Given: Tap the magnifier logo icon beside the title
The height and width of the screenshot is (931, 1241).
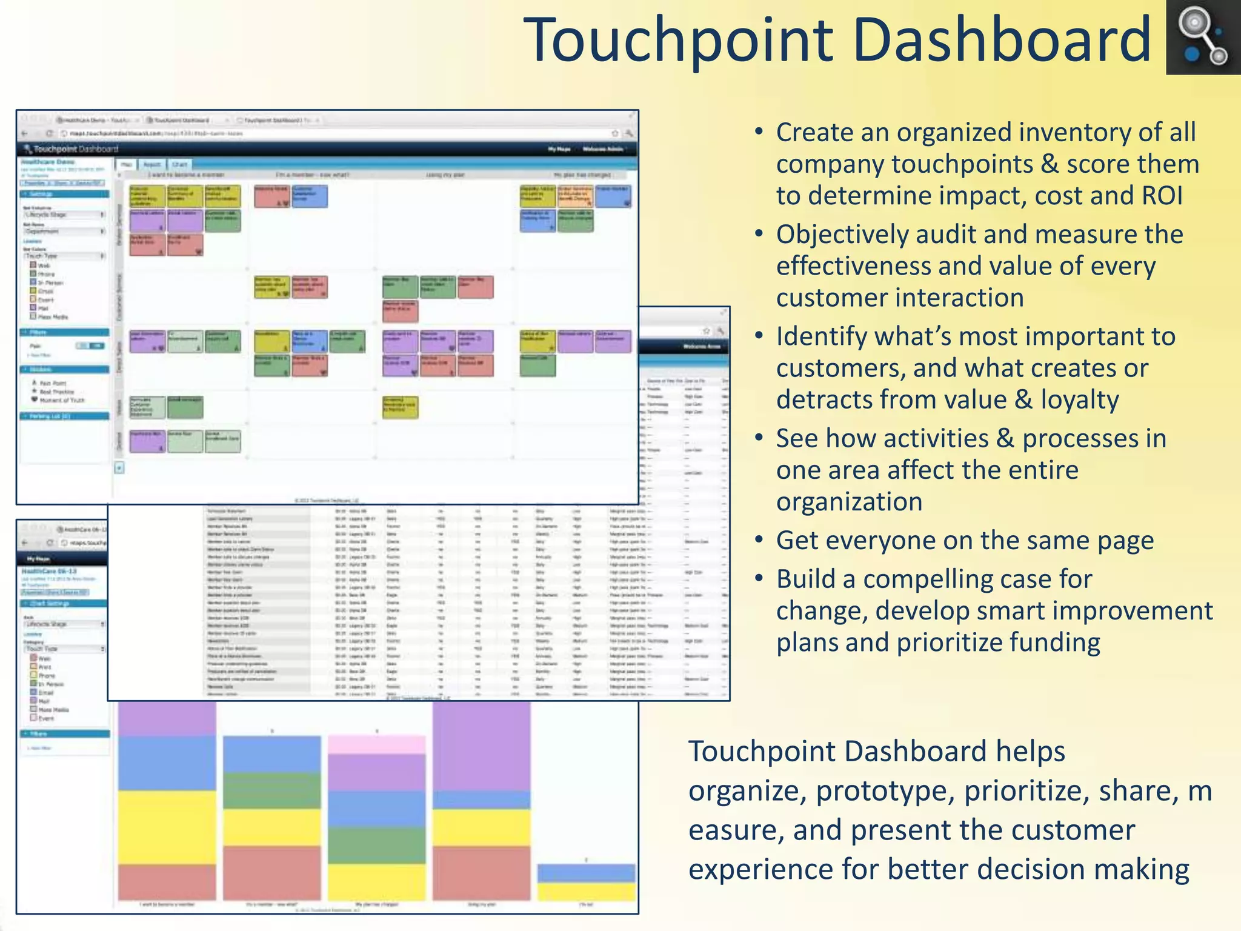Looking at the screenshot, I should click(1202, 38).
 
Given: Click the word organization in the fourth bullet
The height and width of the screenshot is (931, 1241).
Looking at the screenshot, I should click(849, 502).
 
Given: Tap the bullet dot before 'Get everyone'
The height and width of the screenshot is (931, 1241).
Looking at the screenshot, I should click(759, 538).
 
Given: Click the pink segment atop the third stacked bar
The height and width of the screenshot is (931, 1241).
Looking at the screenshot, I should click(376, 744).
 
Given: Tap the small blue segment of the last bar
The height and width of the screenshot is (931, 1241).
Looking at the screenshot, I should click(585, 873).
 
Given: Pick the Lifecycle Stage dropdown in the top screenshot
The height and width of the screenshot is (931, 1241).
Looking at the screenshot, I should click(64, 215).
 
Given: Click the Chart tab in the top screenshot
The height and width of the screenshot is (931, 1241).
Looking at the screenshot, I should click(179, 164).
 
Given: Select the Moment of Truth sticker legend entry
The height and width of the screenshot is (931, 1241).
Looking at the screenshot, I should click(62, 400).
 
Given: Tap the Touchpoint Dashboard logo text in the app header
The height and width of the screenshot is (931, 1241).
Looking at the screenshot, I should click(75, 149).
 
